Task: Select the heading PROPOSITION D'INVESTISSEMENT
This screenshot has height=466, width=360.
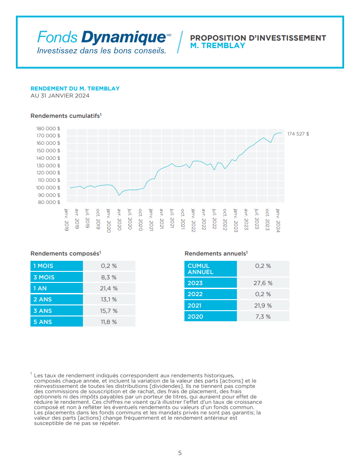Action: [x=258, y=38]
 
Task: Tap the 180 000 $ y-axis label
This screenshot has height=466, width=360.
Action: [x=48, y=128]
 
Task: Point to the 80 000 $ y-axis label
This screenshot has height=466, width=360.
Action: [x=49, y=203]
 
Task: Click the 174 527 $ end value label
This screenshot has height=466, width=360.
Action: [x=298, y=134]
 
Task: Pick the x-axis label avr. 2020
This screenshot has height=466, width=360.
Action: [x=119, y=219]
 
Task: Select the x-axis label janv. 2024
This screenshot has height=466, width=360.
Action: [x=278, y=220]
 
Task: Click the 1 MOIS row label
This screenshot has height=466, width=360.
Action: [x=43, y=266]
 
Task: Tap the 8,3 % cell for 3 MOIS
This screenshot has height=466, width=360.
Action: [x=109, y=277]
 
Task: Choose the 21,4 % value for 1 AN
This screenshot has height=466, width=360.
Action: [x=109, y=288]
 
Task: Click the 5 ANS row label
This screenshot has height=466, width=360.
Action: [x=43, y=322]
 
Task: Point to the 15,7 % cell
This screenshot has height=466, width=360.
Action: [x=109, y=311]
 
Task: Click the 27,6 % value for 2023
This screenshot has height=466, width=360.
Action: [x=263, y=283]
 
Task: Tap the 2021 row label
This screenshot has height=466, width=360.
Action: [x=195, y=305]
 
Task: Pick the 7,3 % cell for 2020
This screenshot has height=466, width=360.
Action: [x=263, y=316]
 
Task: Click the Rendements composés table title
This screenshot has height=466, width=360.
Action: [x=66, y=253]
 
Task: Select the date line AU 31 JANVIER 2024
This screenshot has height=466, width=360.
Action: [x=60, y=96]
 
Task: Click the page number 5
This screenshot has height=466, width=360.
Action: [x=180, y=453]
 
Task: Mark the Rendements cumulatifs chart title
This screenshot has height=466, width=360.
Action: [x=66, y=116]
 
